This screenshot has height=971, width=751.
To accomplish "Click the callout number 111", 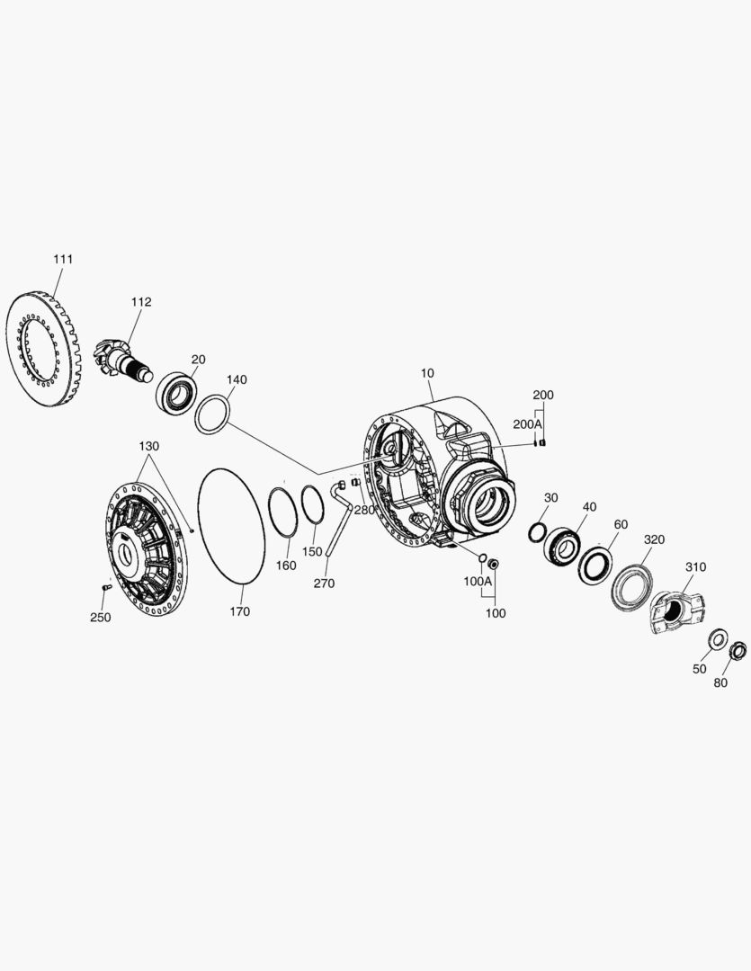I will pos(62,259).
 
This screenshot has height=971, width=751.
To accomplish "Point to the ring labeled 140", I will pos(213,416).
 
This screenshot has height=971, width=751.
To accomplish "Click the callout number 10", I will pos(426,372).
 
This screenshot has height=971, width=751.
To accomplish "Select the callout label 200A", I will pos(528,423).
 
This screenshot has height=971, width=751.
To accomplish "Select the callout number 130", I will pos(148,447).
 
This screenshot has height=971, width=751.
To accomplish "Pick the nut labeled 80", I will pos(738,650).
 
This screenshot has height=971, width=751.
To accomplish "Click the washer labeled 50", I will pos(719,639).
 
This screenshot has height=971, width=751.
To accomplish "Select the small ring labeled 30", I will pos(536,531).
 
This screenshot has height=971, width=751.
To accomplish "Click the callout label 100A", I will pos(478,581).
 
